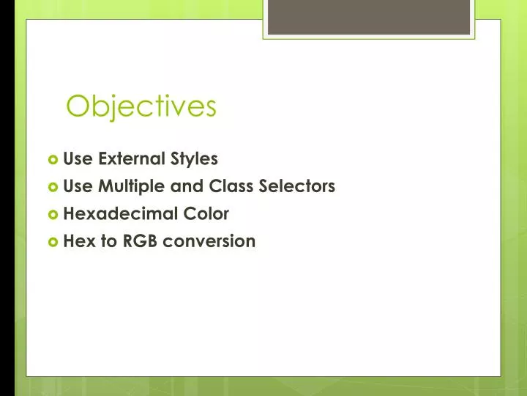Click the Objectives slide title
(141, 106)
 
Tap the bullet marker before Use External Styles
(53, 159)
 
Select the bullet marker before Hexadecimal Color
(53, 214)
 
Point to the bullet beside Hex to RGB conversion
(53, 242)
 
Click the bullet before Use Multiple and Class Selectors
(53, 187)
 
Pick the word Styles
(194, 159)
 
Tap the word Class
(231, 186)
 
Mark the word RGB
(140, 241)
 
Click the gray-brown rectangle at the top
(369, 17)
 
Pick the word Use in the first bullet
(78, 158)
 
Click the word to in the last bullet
(109, 241)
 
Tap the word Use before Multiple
(78, 186)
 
